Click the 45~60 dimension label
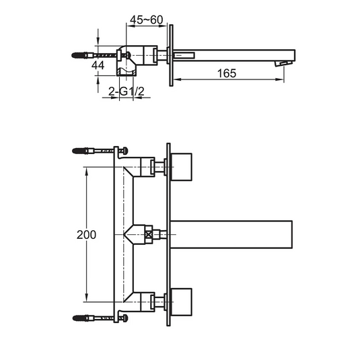click(147, 20)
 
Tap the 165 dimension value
click(227, 73)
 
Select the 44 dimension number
click(98, 65)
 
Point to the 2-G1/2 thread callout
click(127, 92)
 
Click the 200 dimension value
click(86, 235)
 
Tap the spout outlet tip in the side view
click(284, 63)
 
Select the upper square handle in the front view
click(182, 167)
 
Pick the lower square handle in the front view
click(182, 302)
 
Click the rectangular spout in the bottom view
click(231, 234)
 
